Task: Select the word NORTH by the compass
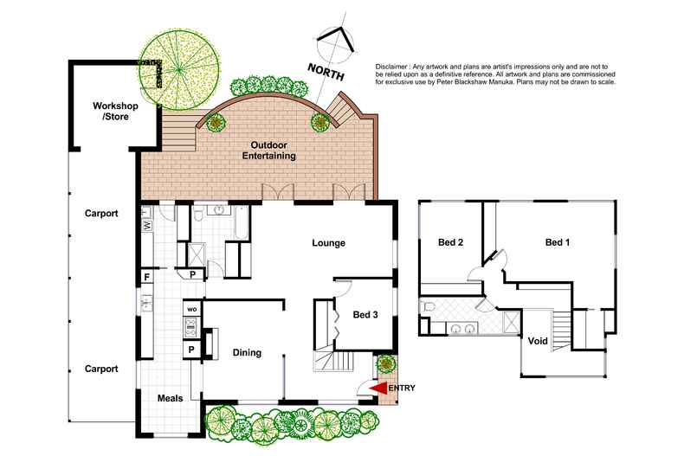click(326, 72)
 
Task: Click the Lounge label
click(328, 243)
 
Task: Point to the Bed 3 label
click(365, 315)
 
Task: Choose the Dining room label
click(247, 353)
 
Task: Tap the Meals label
click(170, 398)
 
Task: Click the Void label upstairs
click(538, 341)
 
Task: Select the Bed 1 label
click(558, 242)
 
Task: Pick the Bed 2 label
click(450, 242)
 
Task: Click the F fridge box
click(147, 277)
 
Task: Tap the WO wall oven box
click(192, 309)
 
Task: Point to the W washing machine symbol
click(147, 225)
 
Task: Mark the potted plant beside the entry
click(386, 363)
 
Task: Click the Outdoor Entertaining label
click(268, 151)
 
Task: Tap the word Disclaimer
click(391, 67)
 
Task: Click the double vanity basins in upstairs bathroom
click(463, 328)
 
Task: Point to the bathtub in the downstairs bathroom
click(242, 222)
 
